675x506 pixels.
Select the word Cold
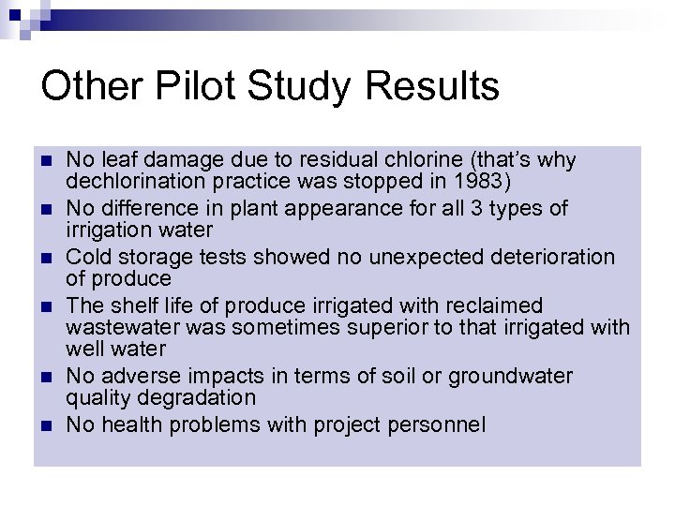point(89,257)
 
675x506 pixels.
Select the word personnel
point(442,425)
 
